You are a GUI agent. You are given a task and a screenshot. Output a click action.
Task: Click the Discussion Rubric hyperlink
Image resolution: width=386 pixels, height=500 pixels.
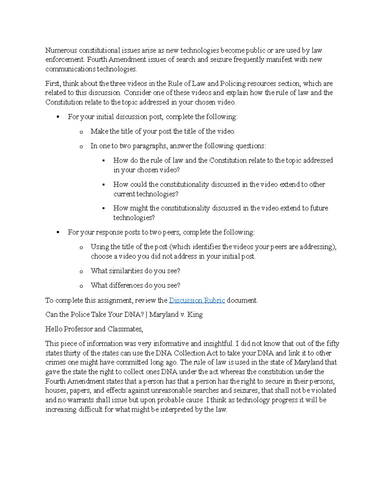tap(197, 300)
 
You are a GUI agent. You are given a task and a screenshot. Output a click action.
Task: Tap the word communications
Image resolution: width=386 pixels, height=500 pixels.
tap(70, 69)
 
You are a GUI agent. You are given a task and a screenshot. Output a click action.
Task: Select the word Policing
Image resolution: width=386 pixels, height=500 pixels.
tap(233, 84)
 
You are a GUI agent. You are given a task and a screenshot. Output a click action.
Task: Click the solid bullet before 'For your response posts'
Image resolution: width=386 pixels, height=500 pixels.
tap(58, 232)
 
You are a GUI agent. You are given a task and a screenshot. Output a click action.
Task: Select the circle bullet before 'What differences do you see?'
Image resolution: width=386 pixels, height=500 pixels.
tap(81, 286)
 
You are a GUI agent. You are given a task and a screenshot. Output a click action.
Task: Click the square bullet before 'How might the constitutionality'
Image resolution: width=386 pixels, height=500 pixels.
tap(104, 208)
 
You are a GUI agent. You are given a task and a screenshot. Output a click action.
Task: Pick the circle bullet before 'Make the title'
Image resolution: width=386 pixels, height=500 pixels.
tap(81, 132)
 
